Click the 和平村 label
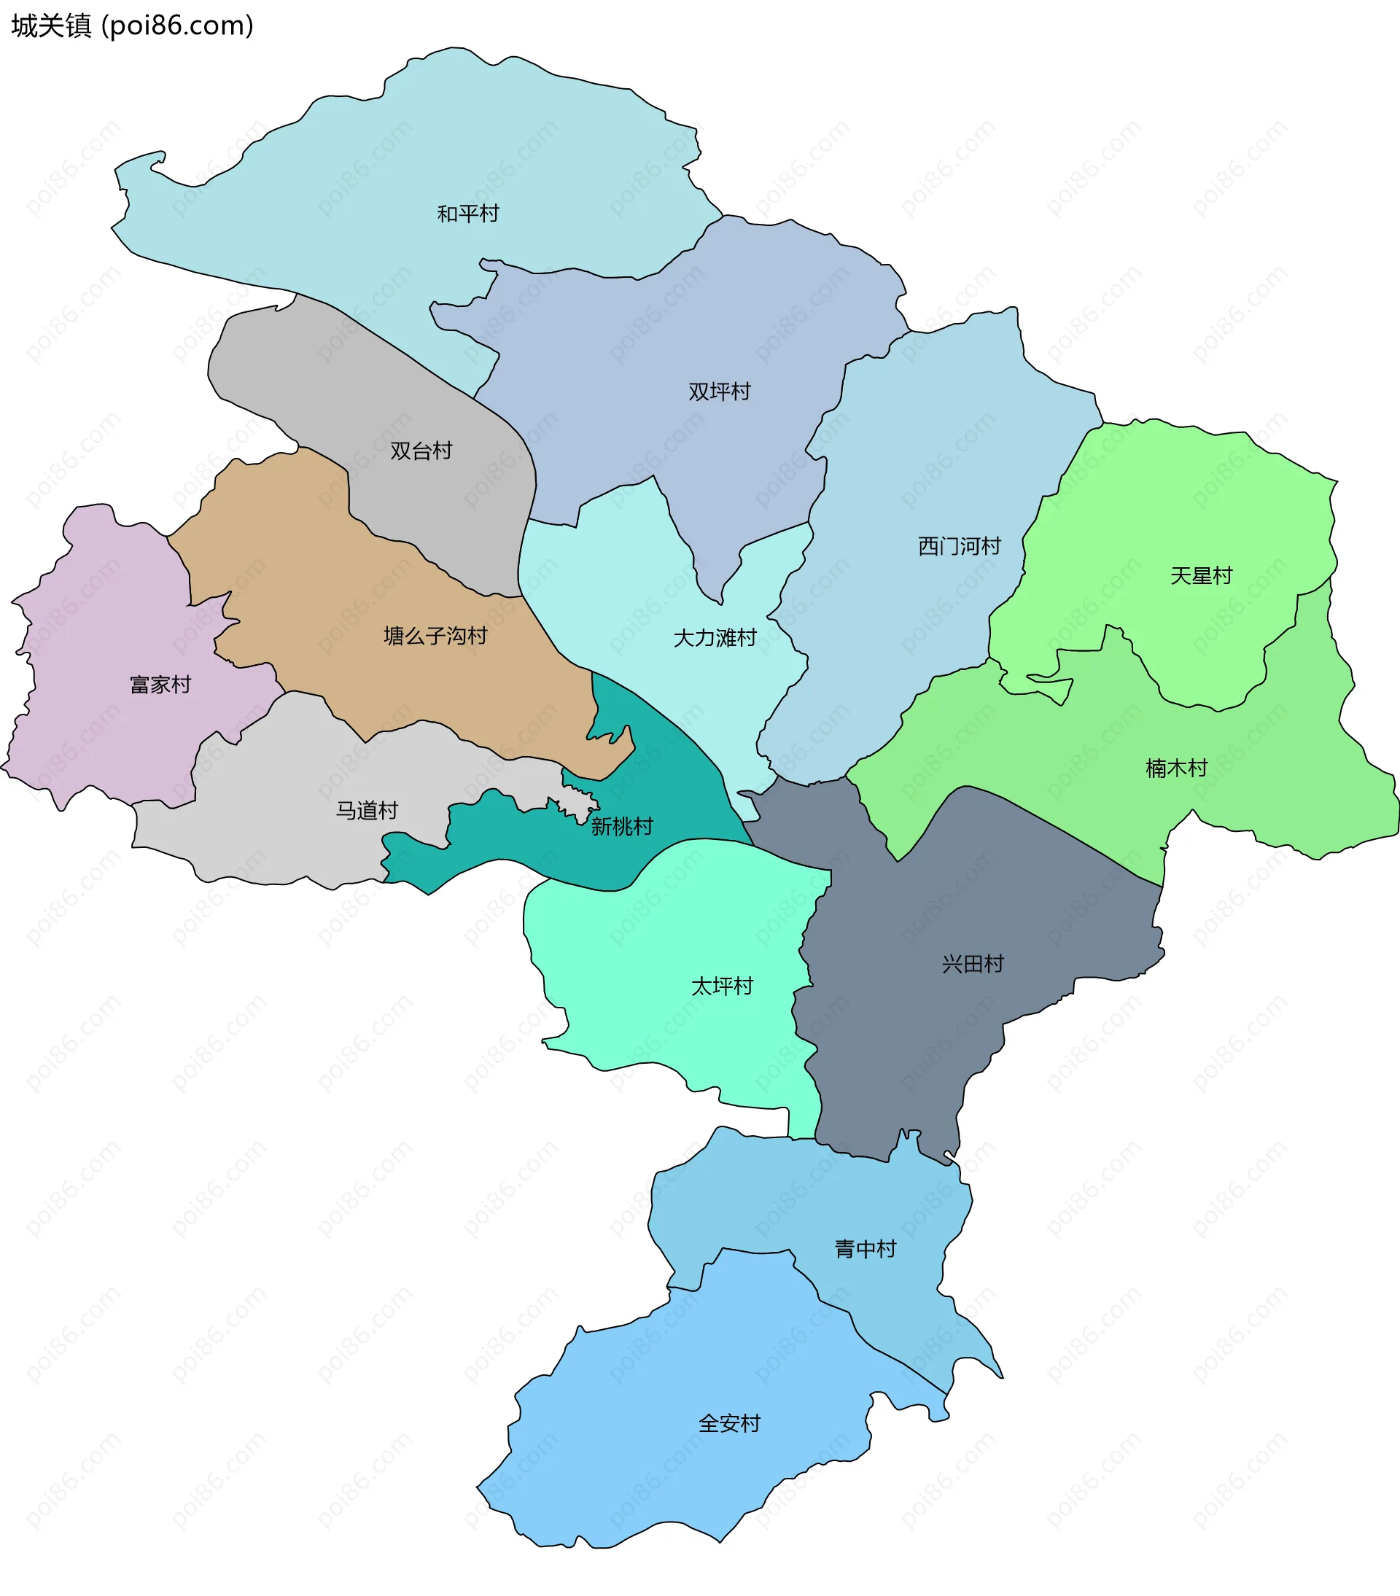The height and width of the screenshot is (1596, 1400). point(467,213)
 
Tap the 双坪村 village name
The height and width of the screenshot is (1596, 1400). point(719,392)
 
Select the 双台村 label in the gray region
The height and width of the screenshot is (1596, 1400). point(421,451)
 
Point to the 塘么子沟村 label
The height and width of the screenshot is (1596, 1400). point(435,636)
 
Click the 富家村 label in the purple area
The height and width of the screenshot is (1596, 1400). point(160,685)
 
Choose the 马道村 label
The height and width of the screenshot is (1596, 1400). point(366,811)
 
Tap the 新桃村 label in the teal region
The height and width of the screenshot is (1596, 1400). point(621,826)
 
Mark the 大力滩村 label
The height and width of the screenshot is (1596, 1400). point(715,638)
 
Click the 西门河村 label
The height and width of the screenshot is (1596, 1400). point(959,546)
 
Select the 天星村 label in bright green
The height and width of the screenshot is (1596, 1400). point(1201,575)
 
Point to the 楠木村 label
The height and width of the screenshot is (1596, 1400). point(1176,768)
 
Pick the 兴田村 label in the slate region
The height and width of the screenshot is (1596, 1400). point(972,964)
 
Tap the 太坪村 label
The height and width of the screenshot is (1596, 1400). point(721,986)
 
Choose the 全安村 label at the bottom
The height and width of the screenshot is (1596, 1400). point(729,1423)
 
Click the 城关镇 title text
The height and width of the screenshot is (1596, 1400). point(52,26)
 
